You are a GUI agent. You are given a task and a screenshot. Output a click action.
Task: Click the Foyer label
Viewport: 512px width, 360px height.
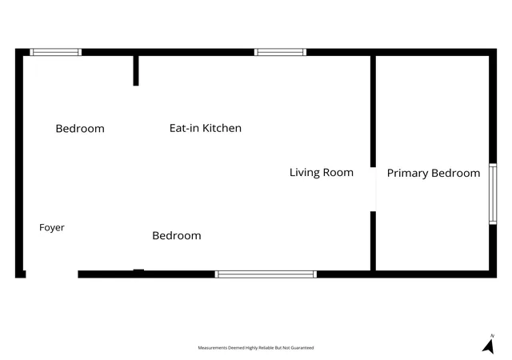coord(51,228)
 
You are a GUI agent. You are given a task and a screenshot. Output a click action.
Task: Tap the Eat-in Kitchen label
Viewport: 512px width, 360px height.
coord(206,128)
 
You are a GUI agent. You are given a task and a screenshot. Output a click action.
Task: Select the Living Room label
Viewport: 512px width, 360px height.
coord(322,173)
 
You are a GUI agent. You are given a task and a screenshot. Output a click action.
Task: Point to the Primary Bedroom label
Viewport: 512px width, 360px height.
coord(434,173)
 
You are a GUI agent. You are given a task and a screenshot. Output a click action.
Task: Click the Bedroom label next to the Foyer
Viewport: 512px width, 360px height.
coord(177,235)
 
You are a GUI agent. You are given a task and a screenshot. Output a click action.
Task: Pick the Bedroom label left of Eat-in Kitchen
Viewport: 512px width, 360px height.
coord(80,128)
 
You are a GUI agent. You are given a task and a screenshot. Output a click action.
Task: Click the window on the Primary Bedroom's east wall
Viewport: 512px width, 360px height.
coord(493,194)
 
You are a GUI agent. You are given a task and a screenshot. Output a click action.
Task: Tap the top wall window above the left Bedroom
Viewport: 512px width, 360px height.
coord(55,52)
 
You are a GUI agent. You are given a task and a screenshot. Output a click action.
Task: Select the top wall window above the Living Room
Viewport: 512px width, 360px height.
coord(280,52)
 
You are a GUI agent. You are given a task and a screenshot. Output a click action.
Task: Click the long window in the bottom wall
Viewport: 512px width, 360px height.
coord(266,274)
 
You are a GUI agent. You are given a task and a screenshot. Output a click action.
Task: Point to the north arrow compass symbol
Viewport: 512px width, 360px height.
coord(489,345)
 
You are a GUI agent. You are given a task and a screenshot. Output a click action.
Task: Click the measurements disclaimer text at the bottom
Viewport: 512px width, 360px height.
coord(256,348)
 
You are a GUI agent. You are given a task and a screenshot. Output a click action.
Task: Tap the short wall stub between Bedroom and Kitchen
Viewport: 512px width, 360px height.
coord(136,70)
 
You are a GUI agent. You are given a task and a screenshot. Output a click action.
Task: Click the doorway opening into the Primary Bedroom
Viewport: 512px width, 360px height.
coord(373,189)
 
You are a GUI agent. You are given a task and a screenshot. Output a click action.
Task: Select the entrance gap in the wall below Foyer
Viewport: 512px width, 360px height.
coord(51,274)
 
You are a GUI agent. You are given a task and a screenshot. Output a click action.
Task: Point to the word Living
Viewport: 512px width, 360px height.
coord(305,173)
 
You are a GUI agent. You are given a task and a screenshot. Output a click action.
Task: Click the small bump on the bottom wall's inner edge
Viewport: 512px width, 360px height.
coord(138,270)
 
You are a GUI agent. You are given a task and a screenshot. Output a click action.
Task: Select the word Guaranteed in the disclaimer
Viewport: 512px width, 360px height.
coord(302,348)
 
